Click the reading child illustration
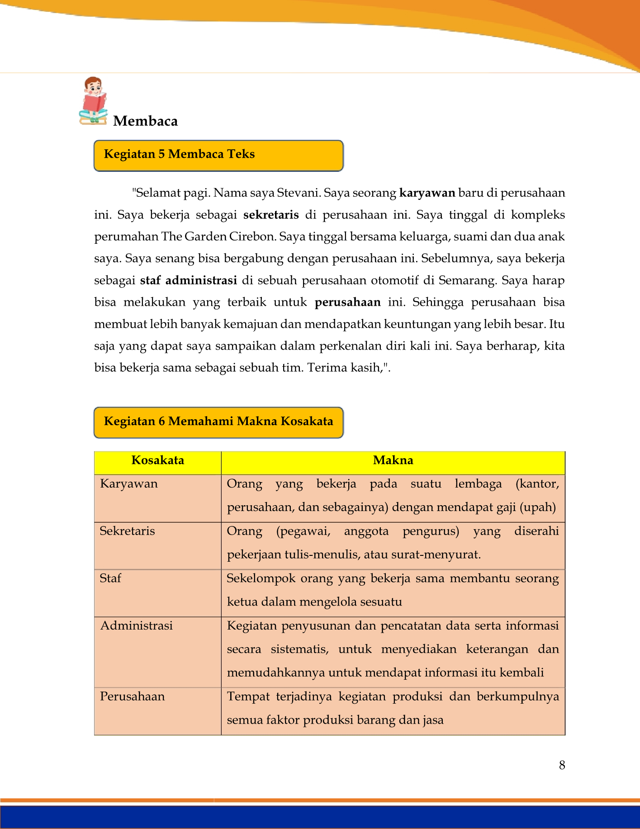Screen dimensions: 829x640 94,101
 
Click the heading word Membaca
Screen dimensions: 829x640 145,121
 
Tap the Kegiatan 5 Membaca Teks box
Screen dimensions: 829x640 218,155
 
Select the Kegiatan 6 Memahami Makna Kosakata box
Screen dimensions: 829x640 218,422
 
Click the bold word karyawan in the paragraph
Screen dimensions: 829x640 427,193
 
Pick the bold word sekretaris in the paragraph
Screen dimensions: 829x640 271,215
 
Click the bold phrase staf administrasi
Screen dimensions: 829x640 189,280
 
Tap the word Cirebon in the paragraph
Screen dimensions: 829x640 252,237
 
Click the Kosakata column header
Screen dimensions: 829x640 157,461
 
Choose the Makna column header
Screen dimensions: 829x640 393,461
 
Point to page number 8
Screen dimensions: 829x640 562,765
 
